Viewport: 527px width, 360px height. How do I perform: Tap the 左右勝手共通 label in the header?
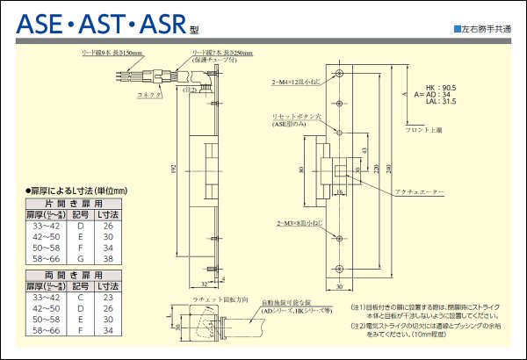pyautogui.click(x=485, y=30)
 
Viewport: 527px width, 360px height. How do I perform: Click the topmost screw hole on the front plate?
pyautogui.click(x=340, y=74)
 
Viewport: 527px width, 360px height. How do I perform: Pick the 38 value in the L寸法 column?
pyautogui.click(x=108, y=259)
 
